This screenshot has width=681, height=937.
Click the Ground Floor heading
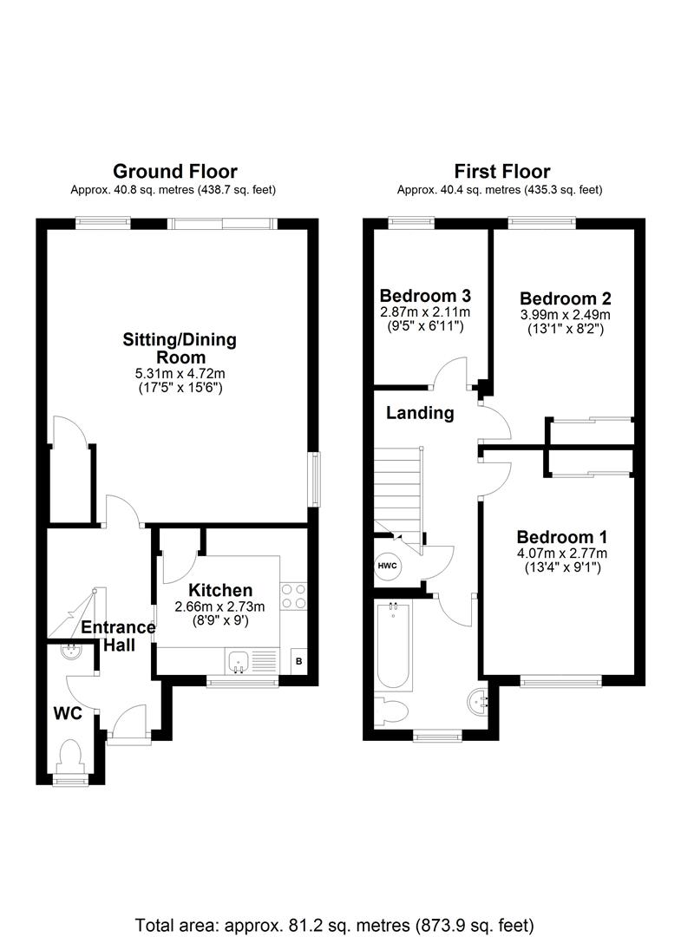(175, 172)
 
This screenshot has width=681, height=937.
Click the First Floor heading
(501, 172)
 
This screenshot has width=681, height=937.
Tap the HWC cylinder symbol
(388, 566)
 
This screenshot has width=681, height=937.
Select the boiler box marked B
(298, 661)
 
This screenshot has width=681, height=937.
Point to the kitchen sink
(239, 661)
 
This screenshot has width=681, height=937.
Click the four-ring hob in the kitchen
(293, 596)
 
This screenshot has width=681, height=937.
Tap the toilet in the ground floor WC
(70, 757)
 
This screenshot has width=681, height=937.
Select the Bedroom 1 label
(562, 537)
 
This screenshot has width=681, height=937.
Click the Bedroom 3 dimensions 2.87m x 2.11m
(425, 312)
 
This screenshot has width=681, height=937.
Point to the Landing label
(420, 413)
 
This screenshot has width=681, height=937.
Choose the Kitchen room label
(220, 591)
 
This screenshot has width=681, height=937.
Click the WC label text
(68, 713)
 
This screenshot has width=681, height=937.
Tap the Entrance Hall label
(118, 636)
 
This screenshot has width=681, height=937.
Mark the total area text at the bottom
(335, 926)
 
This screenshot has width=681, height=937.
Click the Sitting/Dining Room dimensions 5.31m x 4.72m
(180, 374)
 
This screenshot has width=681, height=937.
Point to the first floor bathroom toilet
(391, 712)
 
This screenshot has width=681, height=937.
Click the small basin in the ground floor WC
(72, 651)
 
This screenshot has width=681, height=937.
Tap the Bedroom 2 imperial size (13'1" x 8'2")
(566, 329)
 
